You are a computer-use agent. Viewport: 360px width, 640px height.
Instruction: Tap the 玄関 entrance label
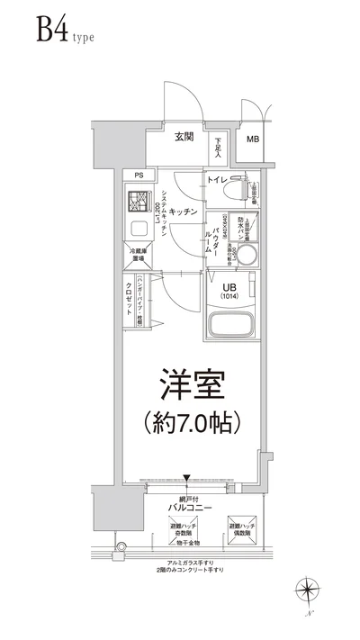184,137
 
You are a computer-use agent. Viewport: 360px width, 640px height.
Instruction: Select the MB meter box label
253,139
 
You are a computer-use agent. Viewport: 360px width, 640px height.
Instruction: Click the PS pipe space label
139,176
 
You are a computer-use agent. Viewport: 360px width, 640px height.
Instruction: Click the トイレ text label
216,181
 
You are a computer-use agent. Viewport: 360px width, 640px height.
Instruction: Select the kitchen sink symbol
139,228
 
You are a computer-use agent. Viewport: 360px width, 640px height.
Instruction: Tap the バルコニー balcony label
188,508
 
